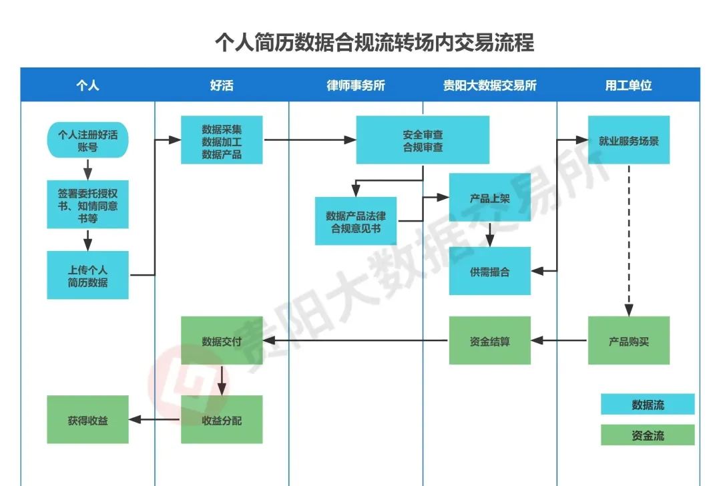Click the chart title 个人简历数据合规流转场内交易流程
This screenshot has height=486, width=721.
click(x=374, y=43)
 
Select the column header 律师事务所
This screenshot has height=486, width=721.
click(x=356, y=85)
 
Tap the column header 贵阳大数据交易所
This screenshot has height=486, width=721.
click(x=489, y=85)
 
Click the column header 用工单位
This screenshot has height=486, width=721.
click(x=628, y=85)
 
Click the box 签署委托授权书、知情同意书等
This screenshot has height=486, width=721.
click(x=87, y=205)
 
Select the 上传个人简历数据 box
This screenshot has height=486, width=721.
click(x=87, y=275)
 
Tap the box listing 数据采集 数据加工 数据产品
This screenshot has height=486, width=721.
click(x=222, y=140)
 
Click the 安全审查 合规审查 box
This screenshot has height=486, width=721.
click(x=423, y=140)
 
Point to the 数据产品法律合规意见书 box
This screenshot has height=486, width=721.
click(x=356, y=221)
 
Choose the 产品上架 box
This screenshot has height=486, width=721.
click(x=489, y=198)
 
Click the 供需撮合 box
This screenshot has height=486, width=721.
click(x=489, y=271)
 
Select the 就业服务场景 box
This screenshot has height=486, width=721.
click(x=628, y=140)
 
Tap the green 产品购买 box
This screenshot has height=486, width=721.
click(x=628, y=340)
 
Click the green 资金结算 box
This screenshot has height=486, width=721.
click(x=489, y=340)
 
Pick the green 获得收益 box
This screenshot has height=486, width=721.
click(x=87, y=420)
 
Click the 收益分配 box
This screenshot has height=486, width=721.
click(x=222, y=420)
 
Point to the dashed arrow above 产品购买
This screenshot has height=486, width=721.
click(x=628, y=240)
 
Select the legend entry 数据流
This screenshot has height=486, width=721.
click(x=648, y=405)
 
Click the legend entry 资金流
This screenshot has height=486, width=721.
click(x=648, y=435)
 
